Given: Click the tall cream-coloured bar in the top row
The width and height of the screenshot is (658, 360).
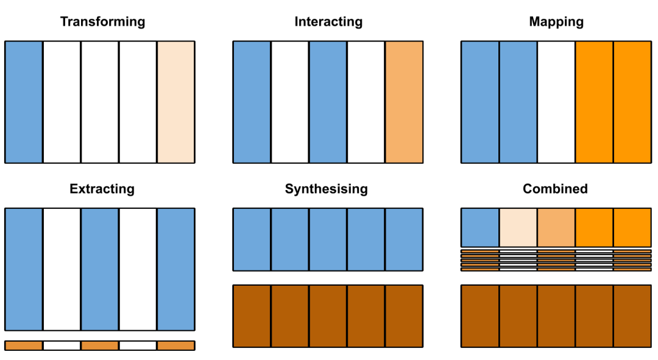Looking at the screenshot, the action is click(x=175, y=102).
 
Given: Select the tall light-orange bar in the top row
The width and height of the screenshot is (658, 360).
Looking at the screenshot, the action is click(x=404, y=102).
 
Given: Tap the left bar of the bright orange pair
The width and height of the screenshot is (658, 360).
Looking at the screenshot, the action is click(x=594, y=102).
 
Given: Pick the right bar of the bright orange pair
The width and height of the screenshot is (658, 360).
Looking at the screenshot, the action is click(x=632, y=102).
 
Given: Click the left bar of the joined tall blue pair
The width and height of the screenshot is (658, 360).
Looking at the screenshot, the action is click(x=480, y=102).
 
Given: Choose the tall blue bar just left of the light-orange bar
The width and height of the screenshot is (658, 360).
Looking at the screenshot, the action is click(x=328, y=102).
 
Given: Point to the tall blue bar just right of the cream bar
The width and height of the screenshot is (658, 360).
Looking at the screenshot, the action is click(x=252, y=102).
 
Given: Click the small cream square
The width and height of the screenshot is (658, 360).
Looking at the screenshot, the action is click(x=518, y=227).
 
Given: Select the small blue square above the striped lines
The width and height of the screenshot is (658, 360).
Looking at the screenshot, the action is click(x=480, y=227).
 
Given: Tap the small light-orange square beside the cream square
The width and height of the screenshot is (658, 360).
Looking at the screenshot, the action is click(x=556, y=227).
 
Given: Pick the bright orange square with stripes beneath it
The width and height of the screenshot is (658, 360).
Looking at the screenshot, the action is click(x=632, y=227).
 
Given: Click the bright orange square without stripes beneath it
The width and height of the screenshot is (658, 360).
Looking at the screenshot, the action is click(x=594, y=227).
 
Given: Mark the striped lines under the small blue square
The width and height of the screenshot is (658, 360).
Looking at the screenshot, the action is click(x=480, y=260).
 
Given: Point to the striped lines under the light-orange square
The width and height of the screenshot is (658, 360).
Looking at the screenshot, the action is click(x=556, y=260).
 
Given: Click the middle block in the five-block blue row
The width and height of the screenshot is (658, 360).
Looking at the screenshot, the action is click(x=328, y=239).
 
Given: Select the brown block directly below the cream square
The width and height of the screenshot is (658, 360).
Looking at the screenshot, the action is click(x=518, y=316).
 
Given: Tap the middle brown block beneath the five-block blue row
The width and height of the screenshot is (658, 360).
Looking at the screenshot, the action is click(x=328, y=316).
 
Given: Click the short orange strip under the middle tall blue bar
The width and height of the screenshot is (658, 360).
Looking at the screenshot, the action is click(x=99, y=345).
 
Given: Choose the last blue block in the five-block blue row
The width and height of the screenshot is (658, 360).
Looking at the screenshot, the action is click(x=404, y=239).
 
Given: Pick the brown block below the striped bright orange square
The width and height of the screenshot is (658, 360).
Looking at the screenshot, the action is click(x=632, y=316).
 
